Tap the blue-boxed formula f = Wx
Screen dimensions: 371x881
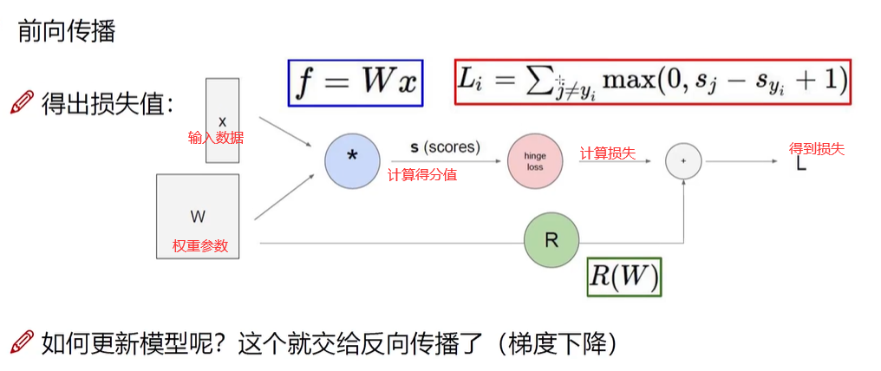click(x=356, y=83)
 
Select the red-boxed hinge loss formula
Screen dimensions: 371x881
click(x=652, y=82)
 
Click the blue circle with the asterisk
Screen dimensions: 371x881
click(x=353, y=161)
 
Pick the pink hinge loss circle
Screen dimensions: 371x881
click(x=534, y=161)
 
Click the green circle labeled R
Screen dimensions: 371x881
click(x=551, y=240)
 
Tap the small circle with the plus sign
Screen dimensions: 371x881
click(x=683, y=161)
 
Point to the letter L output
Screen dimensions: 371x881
click(x=801, y=164)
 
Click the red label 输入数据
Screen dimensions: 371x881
click(x=216, y=137)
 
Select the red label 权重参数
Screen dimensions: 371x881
click(x=200, y=245)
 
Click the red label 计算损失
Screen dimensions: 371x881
click(x=607, y=153)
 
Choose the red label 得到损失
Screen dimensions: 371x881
click(x=816, y=148)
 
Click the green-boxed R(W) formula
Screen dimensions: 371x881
click(x=624, y=277)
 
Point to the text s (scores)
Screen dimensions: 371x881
click(x=445, y=147)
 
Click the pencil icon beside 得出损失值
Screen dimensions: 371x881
click(x=22, y=104)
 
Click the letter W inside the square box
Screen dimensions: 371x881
click(x=198, y=216)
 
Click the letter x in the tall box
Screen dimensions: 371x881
click(x=222, y=120)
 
